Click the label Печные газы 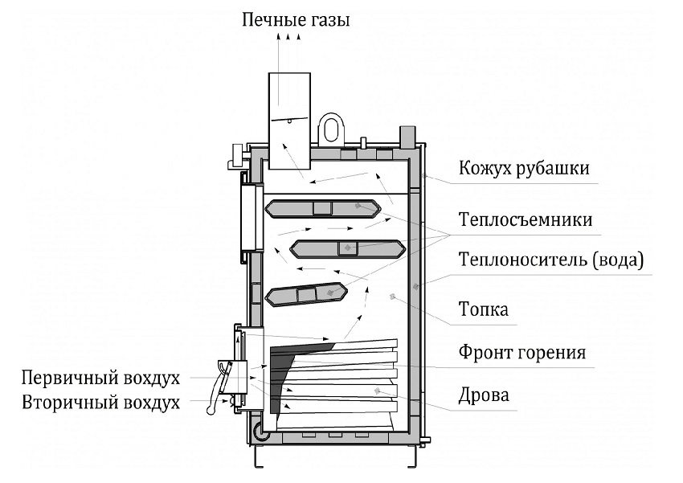(297, 19)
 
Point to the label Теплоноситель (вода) (551, 260)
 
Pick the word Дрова (484, 395)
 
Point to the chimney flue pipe (289, 121)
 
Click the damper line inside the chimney (289, 118)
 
